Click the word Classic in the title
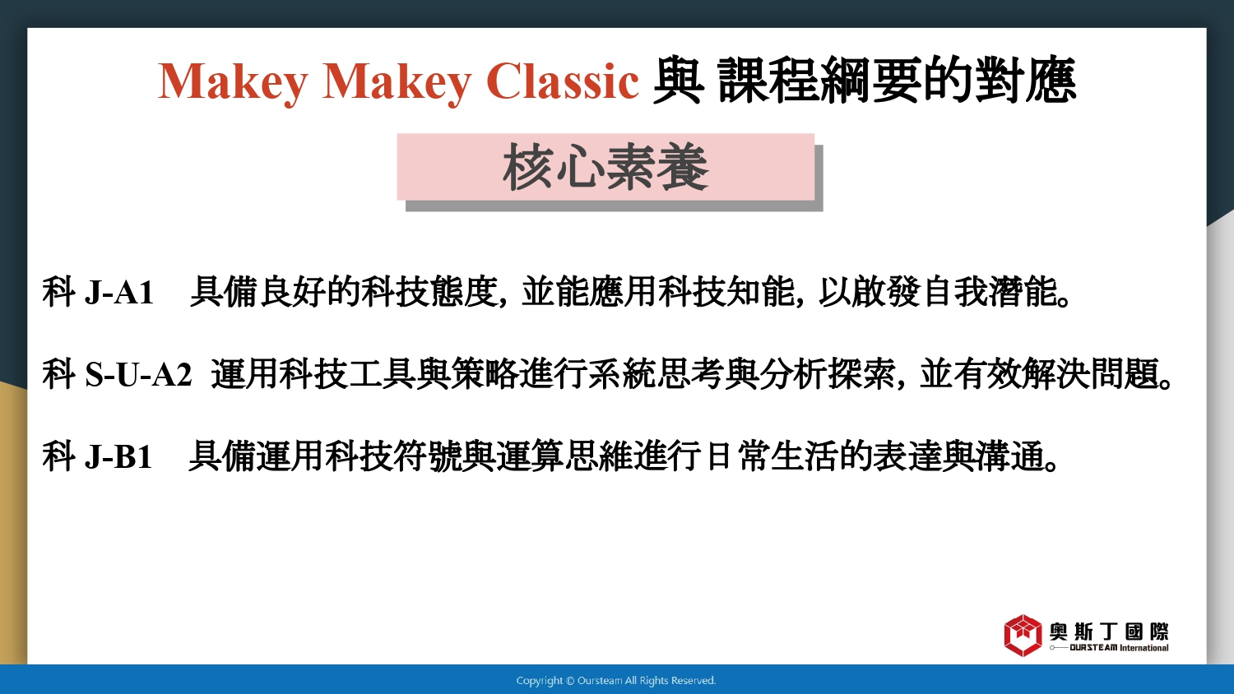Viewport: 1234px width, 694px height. (563, 81)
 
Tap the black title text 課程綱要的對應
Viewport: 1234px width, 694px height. (897, 81)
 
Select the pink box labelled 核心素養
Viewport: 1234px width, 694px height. (605, 167)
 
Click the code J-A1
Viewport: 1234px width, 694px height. (119, 292)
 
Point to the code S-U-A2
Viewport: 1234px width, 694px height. (138, 374)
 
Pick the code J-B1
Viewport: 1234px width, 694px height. (118, 456)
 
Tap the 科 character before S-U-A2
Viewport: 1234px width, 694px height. (58, 374)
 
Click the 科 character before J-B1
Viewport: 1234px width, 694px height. (58, 456)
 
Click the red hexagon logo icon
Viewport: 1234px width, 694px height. (1023, 635)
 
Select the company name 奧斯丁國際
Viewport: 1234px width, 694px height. (1108, 632)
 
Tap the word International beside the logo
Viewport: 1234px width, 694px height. (1144, 648)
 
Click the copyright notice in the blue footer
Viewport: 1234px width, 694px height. (616, 680)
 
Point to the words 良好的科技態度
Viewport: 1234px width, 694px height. (378, 291)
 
